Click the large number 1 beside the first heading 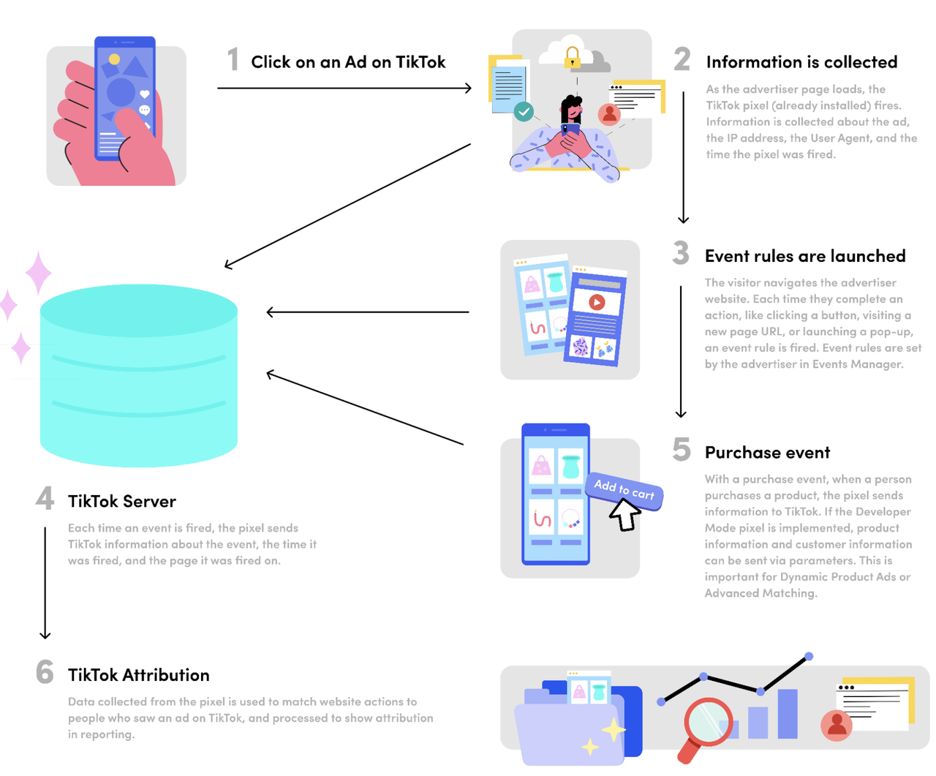point(233,60)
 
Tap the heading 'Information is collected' point(801,62)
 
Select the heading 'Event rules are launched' point(804,256)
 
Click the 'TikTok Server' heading point(121,501)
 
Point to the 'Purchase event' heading point(767,453)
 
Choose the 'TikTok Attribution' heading point(138,675)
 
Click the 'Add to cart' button point(624,489)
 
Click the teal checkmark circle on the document point(524,112)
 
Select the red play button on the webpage point(597,302)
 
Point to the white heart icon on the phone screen point(145,94)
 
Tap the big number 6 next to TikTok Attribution point(45,672)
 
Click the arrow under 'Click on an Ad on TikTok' point(344,88)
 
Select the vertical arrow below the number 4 point(45,582)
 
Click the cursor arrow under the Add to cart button point(624,515)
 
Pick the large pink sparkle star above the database point(38,274)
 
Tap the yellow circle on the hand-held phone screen point(114,59)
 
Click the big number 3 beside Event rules point(681,254)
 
